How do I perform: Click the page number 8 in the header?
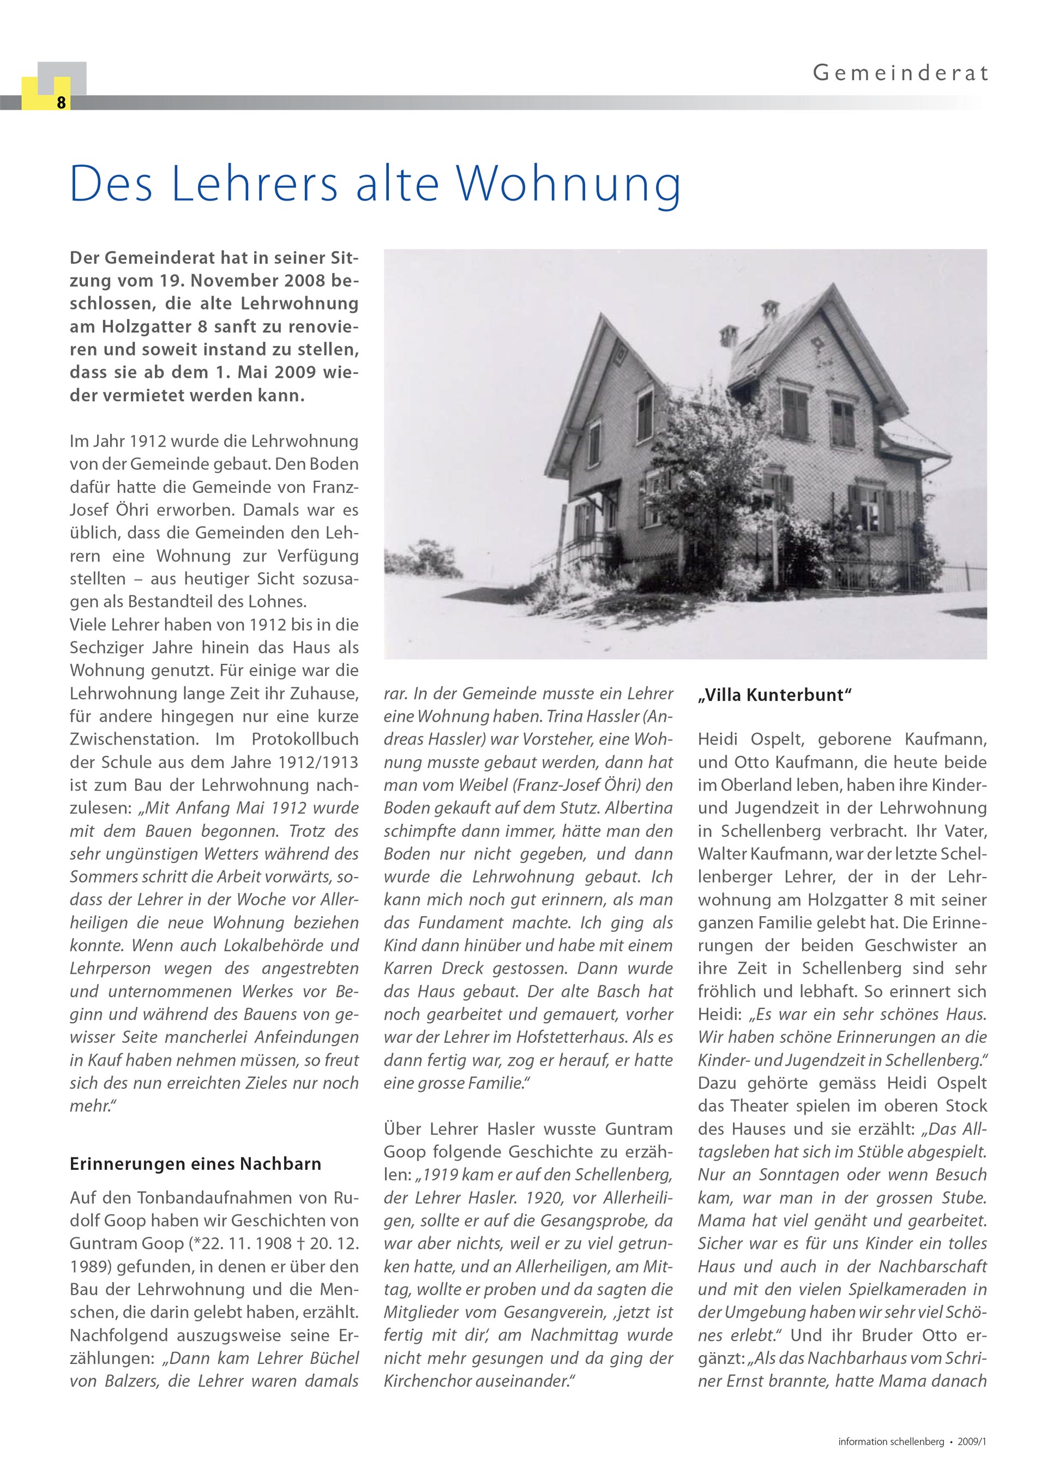[x=61, y=102]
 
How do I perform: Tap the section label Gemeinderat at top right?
[x=900, y=73]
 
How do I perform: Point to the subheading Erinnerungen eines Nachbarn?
[x=195, y=1164]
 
